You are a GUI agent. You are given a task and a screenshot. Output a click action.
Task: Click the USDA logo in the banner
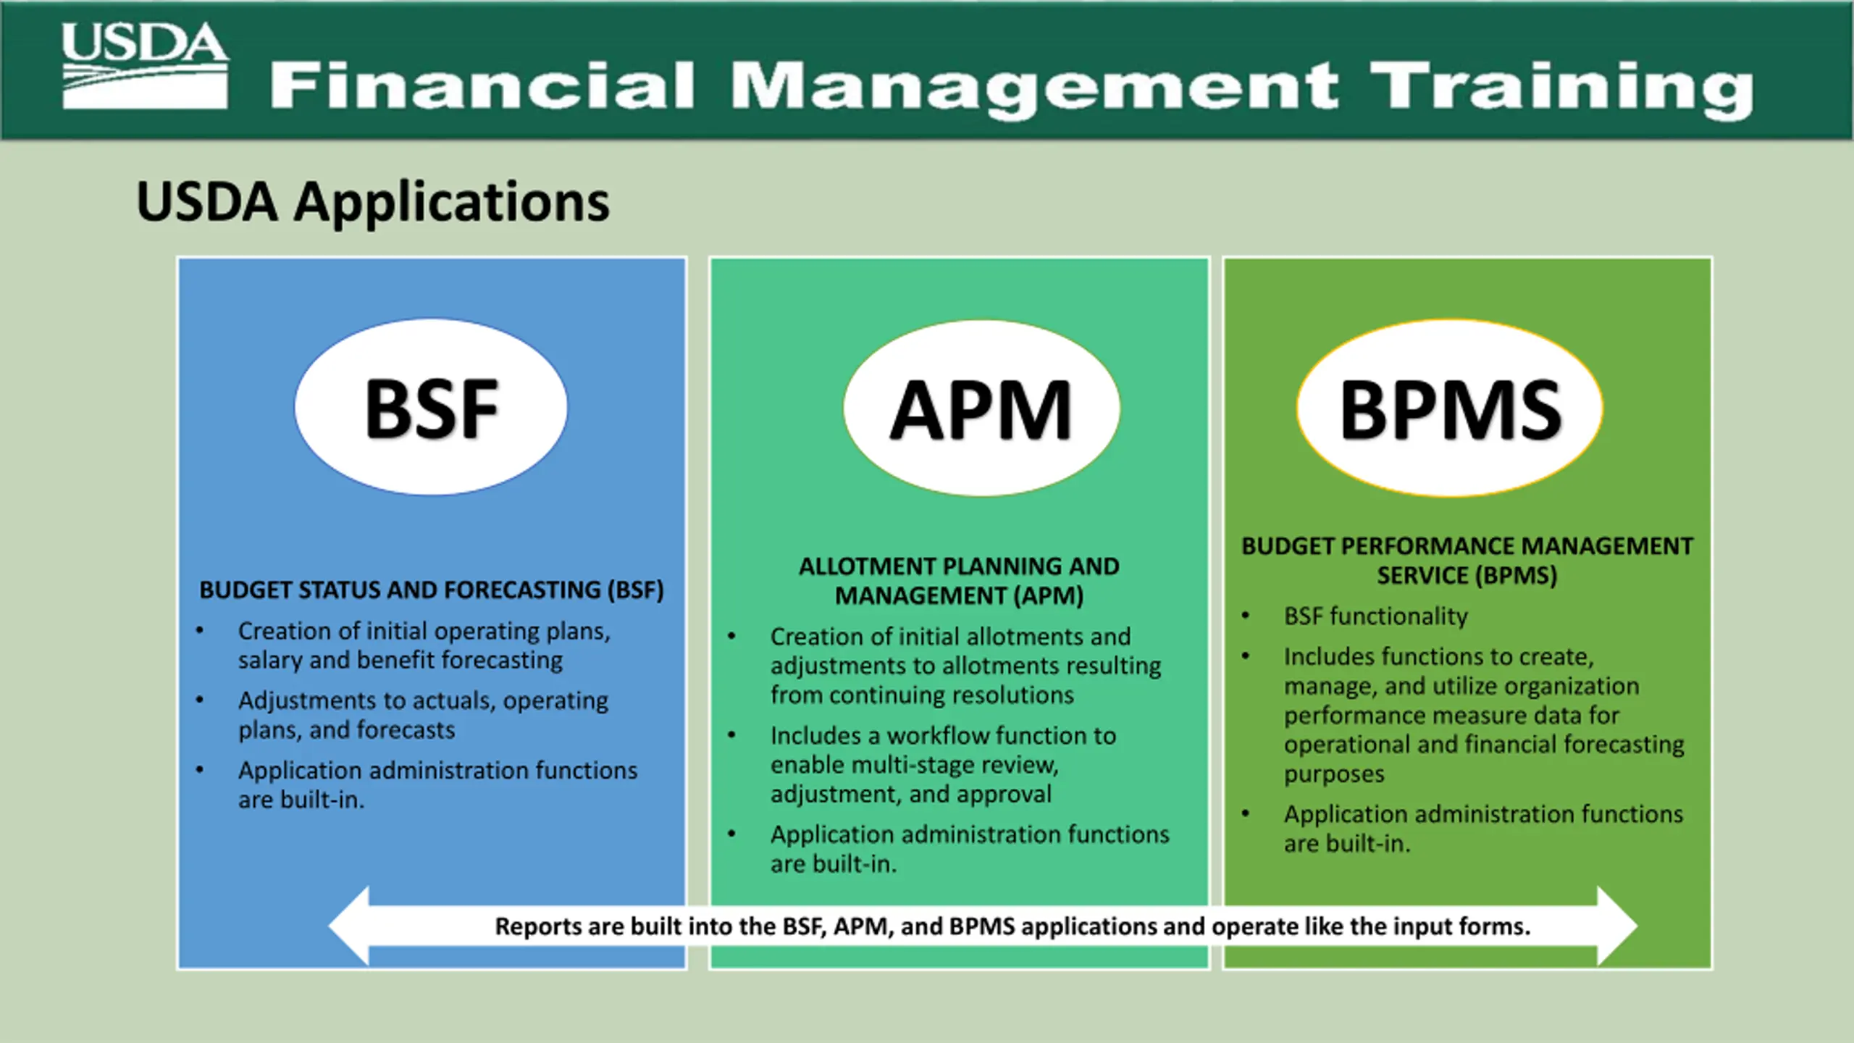(x=145, y=65)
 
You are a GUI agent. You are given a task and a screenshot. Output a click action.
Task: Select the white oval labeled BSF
(x=431, y=408)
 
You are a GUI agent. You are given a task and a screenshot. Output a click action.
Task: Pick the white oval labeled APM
(x=981, y=409)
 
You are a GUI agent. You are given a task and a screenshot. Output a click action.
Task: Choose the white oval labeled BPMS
(x=1450, y=409)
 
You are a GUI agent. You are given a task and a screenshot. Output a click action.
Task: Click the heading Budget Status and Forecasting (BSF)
(x=432, y=590)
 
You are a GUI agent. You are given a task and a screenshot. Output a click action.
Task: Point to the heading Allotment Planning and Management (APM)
(x=959, y=581)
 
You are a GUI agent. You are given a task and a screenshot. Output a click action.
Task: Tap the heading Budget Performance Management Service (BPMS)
(x=1467, y=561)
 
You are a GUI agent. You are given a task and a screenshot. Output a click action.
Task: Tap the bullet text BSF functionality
(x=1375, y=616)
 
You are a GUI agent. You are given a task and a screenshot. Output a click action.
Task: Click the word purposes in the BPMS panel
(x=1334, y=774)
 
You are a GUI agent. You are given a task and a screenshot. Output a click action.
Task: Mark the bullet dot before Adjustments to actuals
(x=200, y=700)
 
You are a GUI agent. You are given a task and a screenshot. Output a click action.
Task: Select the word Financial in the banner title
(x=482, y=87)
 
